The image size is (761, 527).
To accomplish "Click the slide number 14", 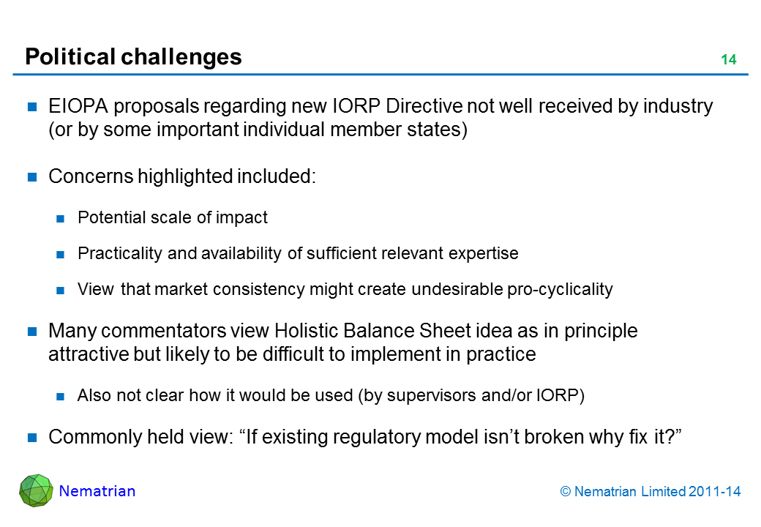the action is (729, 59).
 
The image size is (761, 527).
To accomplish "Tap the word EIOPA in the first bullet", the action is (78, 106).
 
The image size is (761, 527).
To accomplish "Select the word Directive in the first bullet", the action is (424, 106).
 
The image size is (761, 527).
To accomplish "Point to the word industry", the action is (678, 107).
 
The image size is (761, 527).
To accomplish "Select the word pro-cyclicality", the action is (560, 290).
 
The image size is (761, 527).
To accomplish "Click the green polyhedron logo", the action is (36, 490).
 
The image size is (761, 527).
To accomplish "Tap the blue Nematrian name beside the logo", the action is (97, 491).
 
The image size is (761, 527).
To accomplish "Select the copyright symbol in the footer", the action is (566, 492).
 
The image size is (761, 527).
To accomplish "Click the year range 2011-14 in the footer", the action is (714, 492).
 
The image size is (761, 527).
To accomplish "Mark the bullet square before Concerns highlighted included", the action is (32, 177).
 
